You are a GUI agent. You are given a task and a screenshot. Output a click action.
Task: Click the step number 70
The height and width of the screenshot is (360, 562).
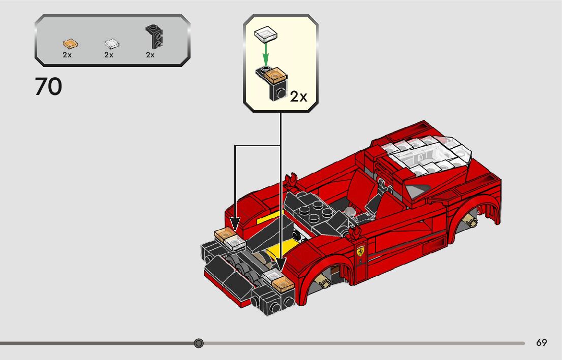point(49,87)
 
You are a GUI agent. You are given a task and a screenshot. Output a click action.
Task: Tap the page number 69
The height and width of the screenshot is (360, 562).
point(541,343)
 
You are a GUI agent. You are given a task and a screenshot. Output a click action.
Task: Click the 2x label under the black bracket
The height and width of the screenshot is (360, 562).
point(150,55)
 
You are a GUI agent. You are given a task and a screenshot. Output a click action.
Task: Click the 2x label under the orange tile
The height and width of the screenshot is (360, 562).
point(67,55)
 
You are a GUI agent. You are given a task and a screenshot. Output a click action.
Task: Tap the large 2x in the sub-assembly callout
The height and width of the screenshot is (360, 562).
point(299,96)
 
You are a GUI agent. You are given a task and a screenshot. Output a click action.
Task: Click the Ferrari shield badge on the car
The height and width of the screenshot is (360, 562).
point(360,251)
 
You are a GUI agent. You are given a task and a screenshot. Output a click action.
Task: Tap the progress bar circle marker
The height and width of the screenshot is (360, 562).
point(199,343)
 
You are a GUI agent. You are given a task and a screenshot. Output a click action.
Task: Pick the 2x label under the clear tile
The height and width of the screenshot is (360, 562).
point(109,55)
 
